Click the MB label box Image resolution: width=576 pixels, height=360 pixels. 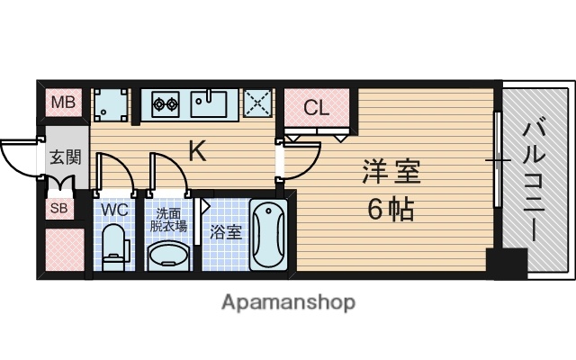click(x=63, y=103)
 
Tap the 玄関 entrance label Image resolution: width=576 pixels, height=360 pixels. click(x=65, y=157)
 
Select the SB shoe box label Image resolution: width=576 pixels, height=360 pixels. click(x=59, y=210)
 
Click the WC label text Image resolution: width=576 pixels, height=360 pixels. click(x=113, y=210)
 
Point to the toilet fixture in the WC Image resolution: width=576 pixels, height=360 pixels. click(x=115, y=247)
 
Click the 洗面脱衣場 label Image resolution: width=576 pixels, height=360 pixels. click(x=169, y=220)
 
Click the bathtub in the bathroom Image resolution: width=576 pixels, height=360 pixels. click(x=267, y=236)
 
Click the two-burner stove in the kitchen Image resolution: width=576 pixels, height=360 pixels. click(x=165, y=103)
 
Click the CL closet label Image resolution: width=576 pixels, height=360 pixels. click(x=316, y=109)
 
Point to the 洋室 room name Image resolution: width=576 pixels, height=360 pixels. click(x=391, y=170)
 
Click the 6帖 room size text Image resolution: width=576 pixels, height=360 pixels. click(x=391, y=209)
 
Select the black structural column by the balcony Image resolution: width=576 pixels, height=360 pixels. click(x=505, y=263)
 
